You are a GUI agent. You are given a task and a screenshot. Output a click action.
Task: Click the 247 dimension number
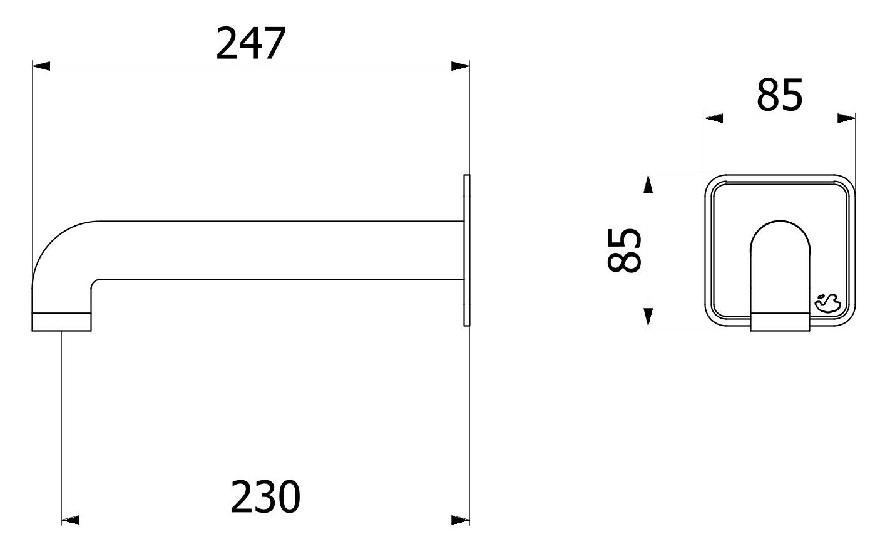point(250,43)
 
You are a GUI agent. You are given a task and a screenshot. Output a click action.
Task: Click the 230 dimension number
point(265,496)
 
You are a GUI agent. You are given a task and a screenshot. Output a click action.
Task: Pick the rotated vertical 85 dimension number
point(625,250)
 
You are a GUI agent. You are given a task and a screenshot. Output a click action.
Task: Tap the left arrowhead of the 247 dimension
point(41,66)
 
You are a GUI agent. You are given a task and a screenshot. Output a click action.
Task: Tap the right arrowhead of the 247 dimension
point(461,66)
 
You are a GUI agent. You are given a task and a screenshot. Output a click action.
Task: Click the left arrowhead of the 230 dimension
point(71,520)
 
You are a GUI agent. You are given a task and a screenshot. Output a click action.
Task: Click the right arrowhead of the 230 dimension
point(461,520)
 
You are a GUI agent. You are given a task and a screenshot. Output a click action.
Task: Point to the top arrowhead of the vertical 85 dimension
point(648,184)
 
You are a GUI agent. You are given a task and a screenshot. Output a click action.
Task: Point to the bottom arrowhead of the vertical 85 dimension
point(648,316)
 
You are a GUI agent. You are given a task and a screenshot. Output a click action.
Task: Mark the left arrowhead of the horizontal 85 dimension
point(714,118)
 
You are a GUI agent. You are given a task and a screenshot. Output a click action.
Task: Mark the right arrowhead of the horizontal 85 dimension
point(846,118)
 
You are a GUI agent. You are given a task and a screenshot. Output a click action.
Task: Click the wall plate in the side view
point(466,250)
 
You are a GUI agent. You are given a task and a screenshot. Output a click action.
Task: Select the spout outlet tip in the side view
point(62,321)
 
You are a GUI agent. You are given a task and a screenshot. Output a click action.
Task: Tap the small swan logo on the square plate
point(827,304)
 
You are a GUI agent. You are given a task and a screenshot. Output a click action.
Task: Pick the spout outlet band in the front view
point(780,321)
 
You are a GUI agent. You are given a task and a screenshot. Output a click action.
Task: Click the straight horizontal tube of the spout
point(275,250)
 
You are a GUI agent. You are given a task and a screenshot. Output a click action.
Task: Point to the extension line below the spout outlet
point(62,426)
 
